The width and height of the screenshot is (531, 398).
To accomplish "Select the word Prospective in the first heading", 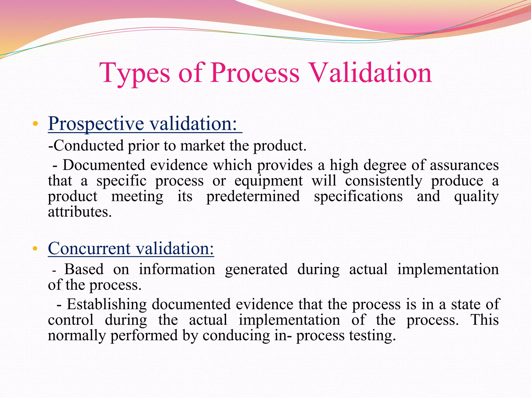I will coord(96,124).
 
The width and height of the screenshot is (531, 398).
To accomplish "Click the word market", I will coord(202,146).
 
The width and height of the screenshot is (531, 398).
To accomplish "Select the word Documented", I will coord(104,165).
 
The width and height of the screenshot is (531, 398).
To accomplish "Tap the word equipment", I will coord(268,181).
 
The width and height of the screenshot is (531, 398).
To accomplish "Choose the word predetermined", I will coord(253,196).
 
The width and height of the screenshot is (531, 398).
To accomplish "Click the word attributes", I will coord(80,212).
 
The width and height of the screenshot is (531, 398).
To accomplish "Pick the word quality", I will coord(476,196).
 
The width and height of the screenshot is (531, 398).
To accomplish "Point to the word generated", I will coord(256,269).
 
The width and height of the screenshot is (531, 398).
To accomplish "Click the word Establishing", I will coord(107,304).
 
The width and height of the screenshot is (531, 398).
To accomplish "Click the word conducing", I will coord(236,335).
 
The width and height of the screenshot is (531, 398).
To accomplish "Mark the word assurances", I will coord(464,165).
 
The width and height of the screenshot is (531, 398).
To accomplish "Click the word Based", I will coord(84,269).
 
